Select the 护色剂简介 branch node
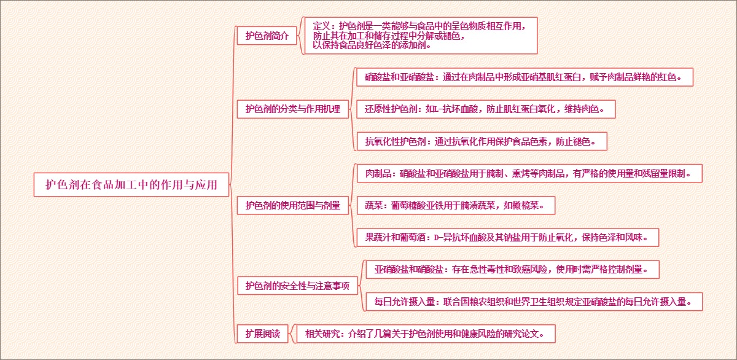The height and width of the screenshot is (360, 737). (x=267, y=36)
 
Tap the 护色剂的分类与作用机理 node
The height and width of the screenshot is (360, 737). (x=292, y=109)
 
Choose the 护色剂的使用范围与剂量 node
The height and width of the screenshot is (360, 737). (x=292, y=205)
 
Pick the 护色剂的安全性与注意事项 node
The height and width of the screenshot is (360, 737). (x=297, y=285)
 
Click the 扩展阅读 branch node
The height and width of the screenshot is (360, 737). (x=262, y=334)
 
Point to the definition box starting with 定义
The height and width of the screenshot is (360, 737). (x=420, y=36)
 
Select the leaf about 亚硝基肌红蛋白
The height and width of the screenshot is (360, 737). (x=524, y=77)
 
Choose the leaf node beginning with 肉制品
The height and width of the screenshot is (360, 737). (x=529, y=173)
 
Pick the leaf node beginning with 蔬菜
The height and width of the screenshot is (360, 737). (x=455, y=205)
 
